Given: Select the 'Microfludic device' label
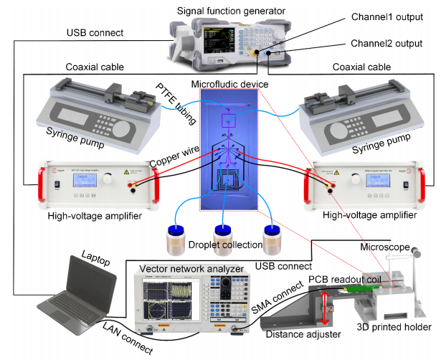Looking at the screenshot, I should pyautogui.click(x=230, y=85).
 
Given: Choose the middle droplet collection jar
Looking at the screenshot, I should pyautogui.click(x=224, y=241).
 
